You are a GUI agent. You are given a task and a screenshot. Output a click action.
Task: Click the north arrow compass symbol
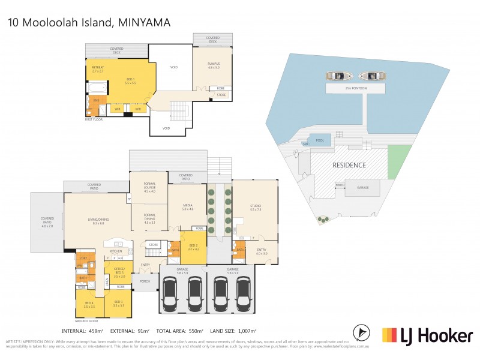(x=361, y=331)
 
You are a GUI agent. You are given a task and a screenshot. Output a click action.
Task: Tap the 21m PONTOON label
(x=352, y=88)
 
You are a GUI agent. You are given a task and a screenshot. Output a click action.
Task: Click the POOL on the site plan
(x=320, y=140)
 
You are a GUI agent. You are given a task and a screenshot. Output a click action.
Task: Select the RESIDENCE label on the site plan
(x=350, y=164)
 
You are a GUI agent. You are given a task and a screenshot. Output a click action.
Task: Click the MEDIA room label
(x=187, y=207)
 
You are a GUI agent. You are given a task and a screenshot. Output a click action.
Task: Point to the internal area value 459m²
(x=98, y=331)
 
